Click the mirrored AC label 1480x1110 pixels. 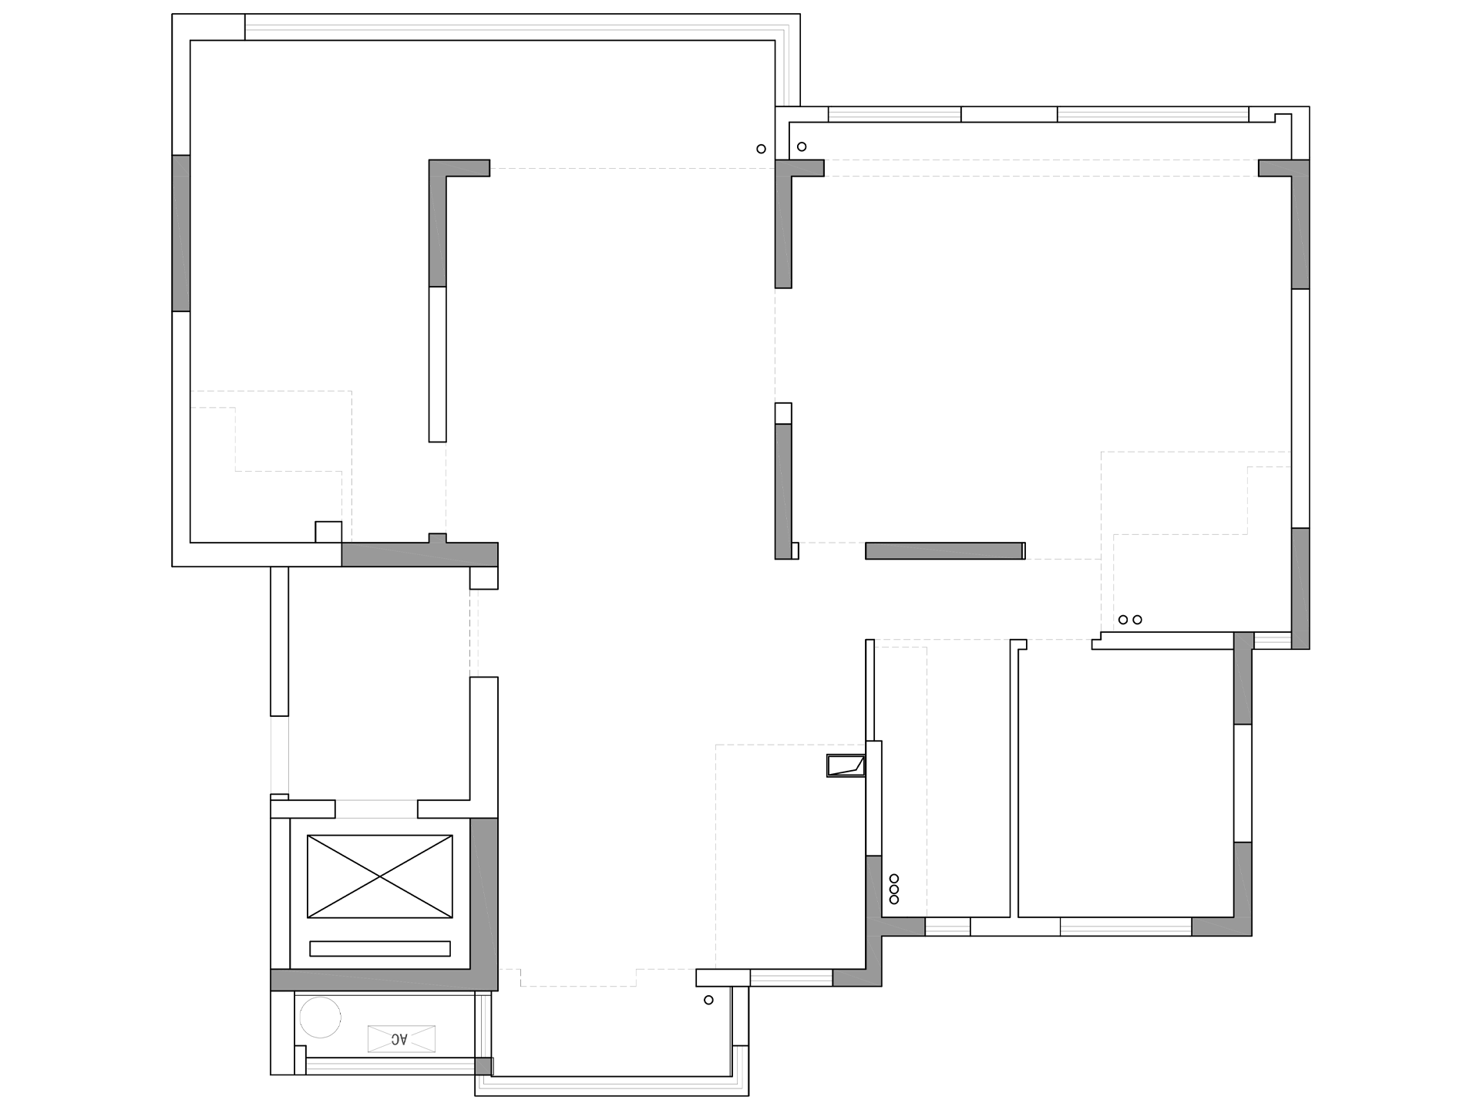coord(399,1039)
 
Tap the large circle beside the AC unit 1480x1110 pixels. coord(320,1017)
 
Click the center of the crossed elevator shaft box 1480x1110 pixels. coord(380,876)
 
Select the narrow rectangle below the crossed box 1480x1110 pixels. coord(380,948)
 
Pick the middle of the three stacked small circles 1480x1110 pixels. coord(894,889)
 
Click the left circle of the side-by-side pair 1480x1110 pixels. coord(1123,620)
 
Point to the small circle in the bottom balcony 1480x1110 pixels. coord(709,1000)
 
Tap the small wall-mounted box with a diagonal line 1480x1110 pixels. coord(846,765)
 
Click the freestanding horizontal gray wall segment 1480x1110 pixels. coord(944,550)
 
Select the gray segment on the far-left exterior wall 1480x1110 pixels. coord(181,233)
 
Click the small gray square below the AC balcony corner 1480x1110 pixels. coord(483,1066)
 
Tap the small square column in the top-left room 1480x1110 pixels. coord(328,532)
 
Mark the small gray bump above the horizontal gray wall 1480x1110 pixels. coord(437,538)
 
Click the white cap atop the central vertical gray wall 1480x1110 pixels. coord(783,413)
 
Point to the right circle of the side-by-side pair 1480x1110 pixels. coord(1137,620)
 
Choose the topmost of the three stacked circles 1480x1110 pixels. coord(894,878)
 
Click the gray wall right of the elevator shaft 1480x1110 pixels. coord(484,894)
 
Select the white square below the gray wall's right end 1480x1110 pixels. coord(484,577)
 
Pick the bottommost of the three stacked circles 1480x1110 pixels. coord(894,900)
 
